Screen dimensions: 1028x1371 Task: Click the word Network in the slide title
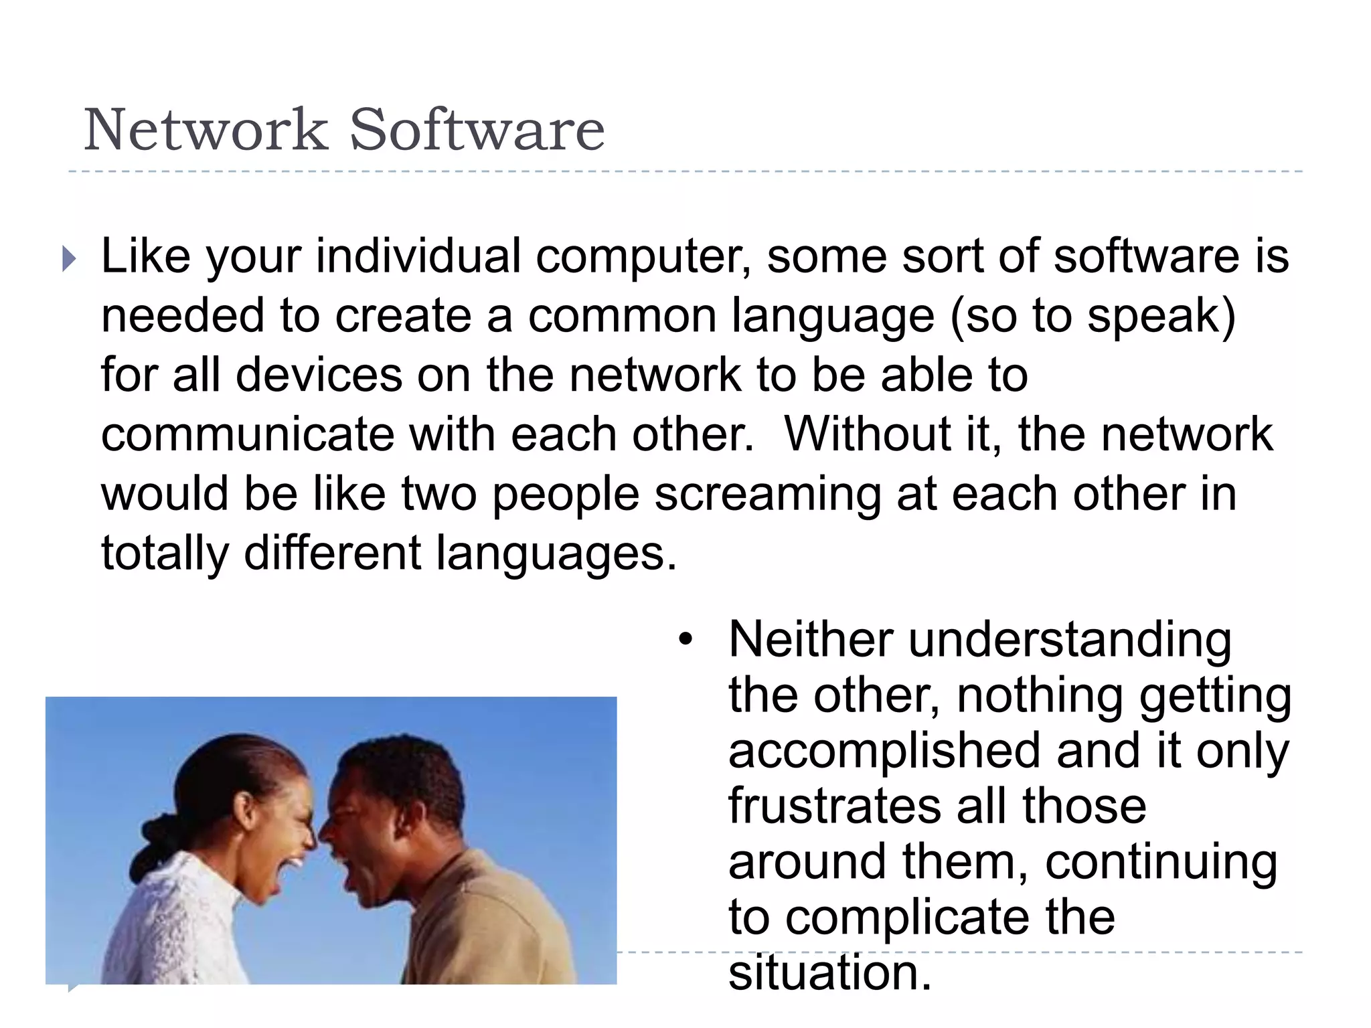tap(206, 130)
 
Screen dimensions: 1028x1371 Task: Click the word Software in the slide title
tap(477, 130)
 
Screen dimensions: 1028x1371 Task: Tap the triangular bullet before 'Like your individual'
tap(69, 258)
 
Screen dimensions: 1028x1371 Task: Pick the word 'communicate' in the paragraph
tap(248, 435)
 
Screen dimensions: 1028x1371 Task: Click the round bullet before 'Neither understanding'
tap(684, 640)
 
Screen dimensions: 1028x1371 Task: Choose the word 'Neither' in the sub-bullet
tap(810, 640)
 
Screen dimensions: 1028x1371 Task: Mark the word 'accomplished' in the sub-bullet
tap(884, 751)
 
